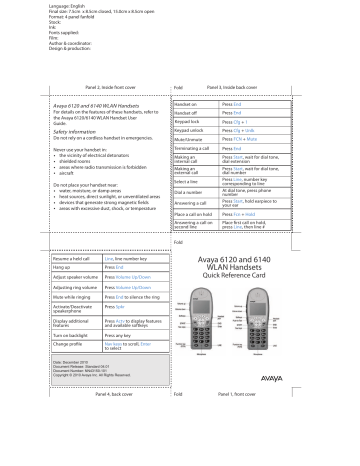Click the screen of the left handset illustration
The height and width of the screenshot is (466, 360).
232,312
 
